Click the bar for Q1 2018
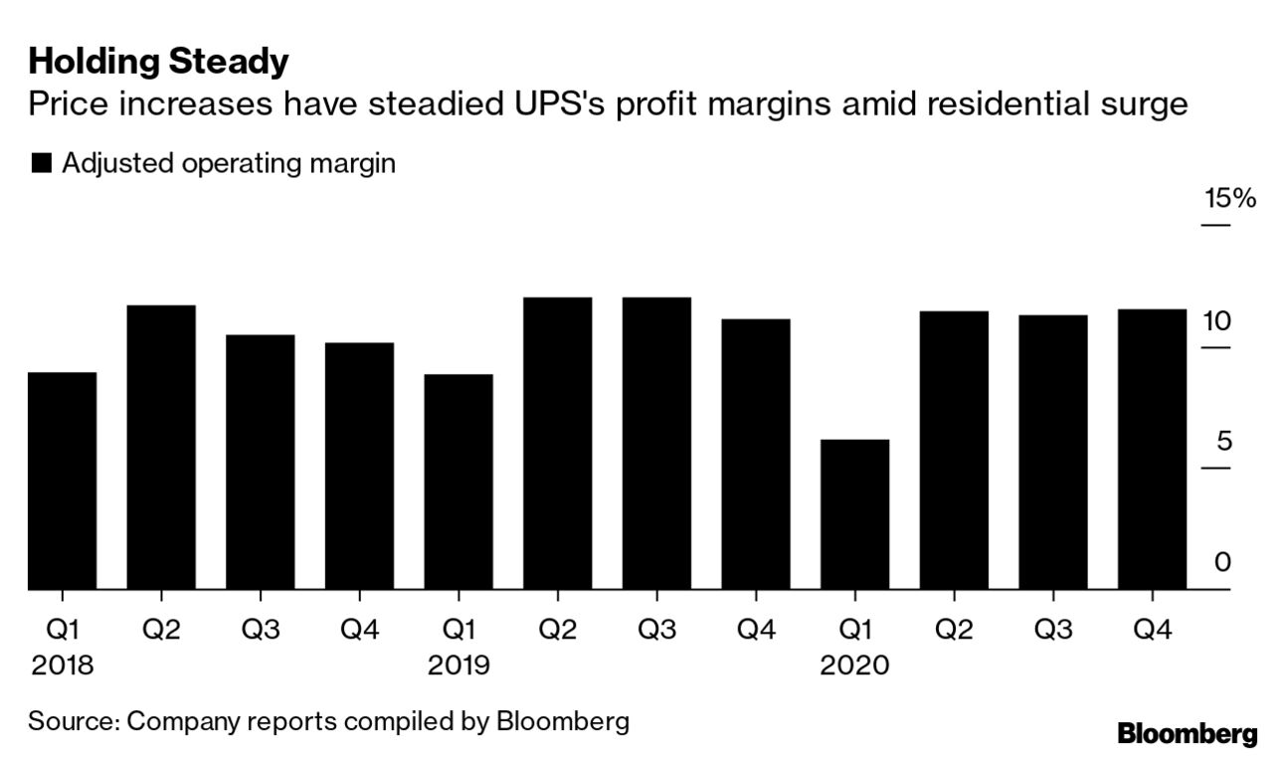coord(62,481)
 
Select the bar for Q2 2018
coord(161,448)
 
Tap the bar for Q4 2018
coord(359,467)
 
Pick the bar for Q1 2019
coord(459,482)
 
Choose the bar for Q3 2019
coord(656,444)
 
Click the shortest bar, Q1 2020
coord(854,515)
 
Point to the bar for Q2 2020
coord(954,451)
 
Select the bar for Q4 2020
coord(1152,450)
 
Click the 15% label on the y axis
coord(1229,198)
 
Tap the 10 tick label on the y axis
coord(1216,321)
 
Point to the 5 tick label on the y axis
coord(1223,442)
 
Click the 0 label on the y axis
coord(1223,563)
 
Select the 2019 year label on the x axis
coord(459,665)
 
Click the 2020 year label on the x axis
coord(854,665)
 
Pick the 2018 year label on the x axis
coord(62,665)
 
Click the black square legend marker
coord(41,164)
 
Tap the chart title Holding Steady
coord(158,62)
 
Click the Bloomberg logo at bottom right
coord(1187,734)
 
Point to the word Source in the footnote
coord(72,720)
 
